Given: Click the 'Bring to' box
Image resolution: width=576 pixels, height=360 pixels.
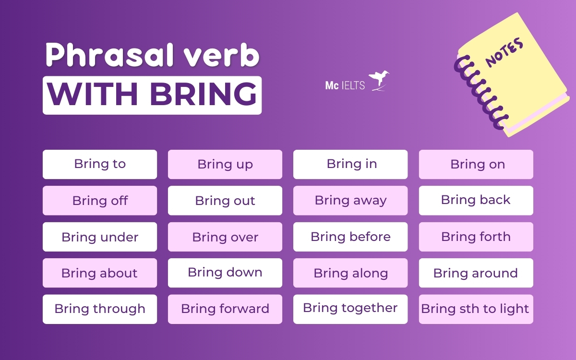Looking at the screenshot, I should (100, 164).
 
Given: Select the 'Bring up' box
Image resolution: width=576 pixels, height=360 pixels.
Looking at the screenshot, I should (225, 164).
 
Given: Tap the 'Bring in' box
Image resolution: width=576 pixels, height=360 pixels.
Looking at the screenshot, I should (350, 164).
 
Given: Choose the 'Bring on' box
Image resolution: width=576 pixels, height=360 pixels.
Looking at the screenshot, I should (476, 164).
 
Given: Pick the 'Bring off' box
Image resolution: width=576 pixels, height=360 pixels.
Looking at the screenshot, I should (100, 200).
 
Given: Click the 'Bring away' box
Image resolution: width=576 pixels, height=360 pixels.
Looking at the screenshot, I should (350, 200).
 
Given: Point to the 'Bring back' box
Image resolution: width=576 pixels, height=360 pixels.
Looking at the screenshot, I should (476, 200).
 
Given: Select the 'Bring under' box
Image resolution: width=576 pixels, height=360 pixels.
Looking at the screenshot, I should (100, 237).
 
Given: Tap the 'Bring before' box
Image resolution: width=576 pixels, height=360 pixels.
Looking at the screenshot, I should (350, 237).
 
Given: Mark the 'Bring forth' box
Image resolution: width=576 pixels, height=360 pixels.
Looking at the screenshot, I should (476, 237).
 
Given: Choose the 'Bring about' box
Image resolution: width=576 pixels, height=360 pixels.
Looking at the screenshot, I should (100, 273).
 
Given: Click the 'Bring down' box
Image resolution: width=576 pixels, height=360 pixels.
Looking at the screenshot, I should (225, 273).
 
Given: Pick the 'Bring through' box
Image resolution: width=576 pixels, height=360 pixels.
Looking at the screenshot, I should (100, 309).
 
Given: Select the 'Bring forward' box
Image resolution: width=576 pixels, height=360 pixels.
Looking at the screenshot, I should (225, 309).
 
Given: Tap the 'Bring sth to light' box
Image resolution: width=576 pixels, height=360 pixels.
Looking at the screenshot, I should (476, 309).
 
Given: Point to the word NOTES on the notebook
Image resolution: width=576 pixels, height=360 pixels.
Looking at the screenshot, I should (504, 52).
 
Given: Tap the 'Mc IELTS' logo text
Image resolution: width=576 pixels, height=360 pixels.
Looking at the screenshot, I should (345, 86).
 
